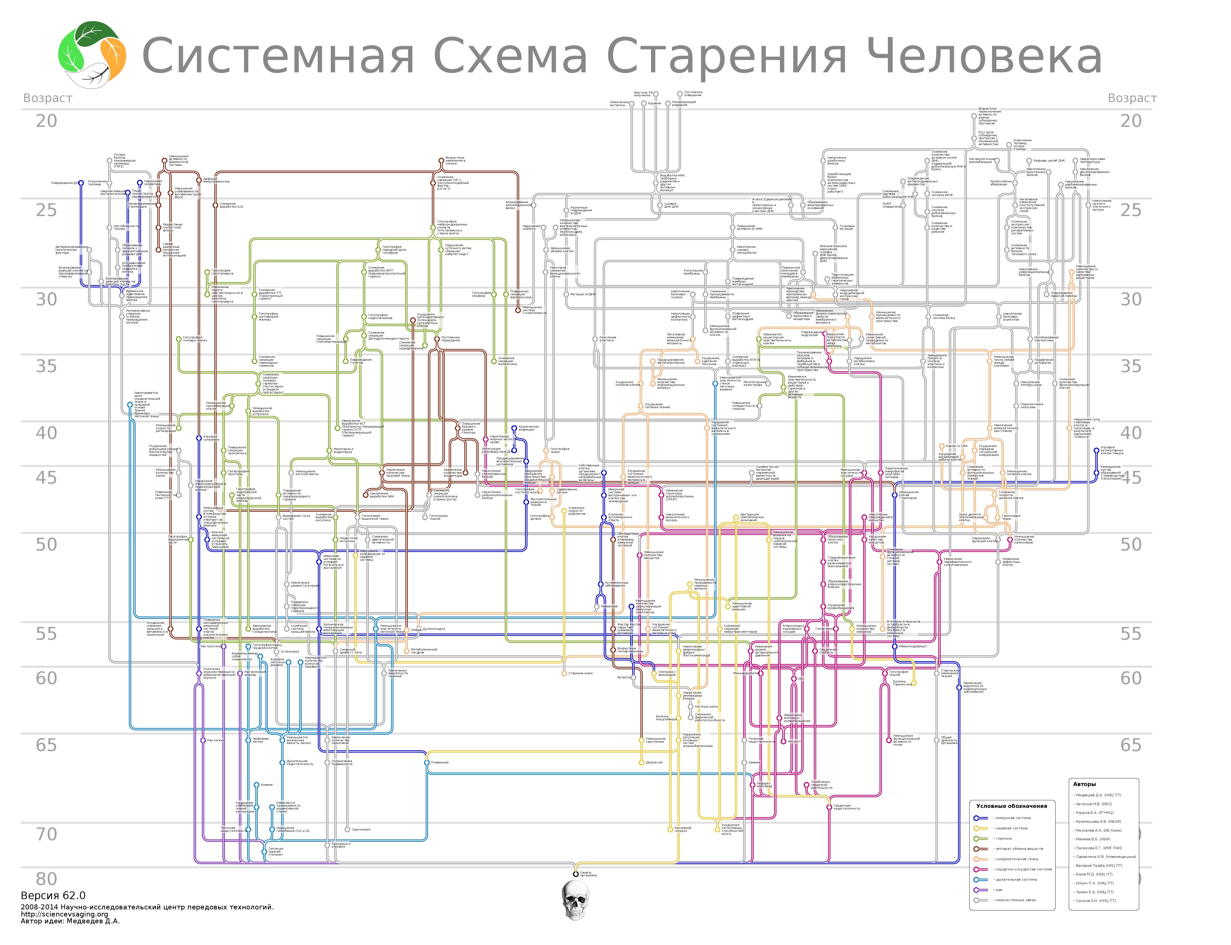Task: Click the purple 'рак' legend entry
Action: click(999, 890)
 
